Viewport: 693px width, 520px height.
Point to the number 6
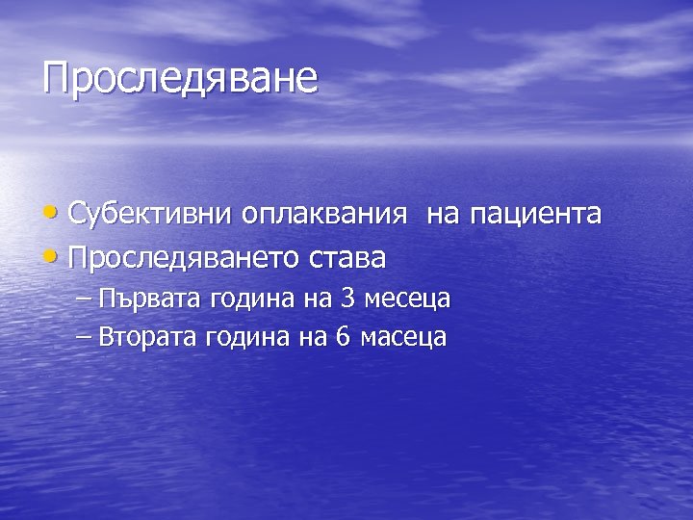345,337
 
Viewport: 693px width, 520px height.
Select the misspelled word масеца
403,337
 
